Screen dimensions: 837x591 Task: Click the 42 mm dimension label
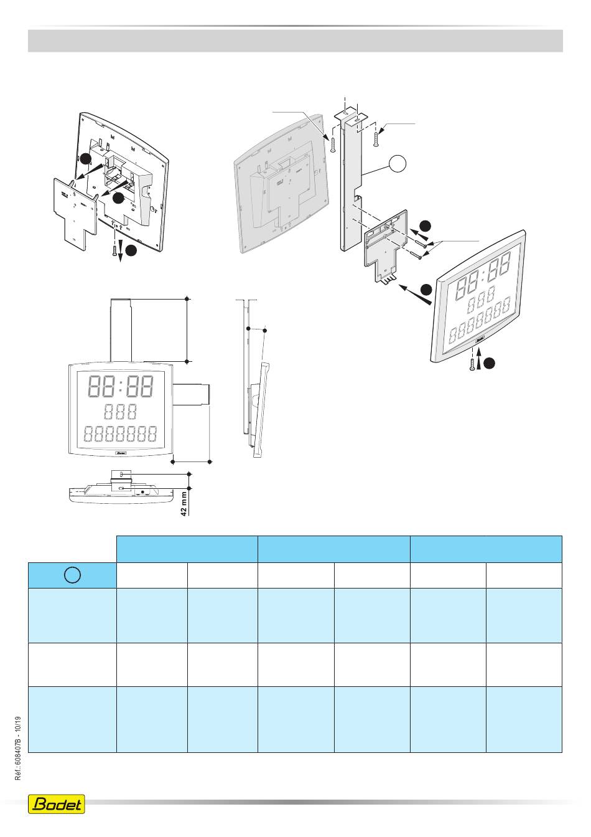(x=184, y=502)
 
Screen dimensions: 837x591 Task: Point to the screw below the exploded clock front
(x=473, y=364)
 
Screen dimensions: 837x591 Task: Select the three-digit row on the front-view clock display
(x=120, y=412)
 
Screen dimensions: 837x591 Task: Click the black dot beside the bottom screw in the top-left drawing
(x=131, y=250)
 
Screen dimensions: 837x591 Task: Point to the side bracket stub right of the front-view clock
(x=192, y=394)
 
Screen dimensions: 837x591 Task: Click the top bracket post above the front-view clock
(x=122, y=329)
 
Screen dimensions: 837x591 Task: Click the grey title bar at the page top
(x=295, y=40)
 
